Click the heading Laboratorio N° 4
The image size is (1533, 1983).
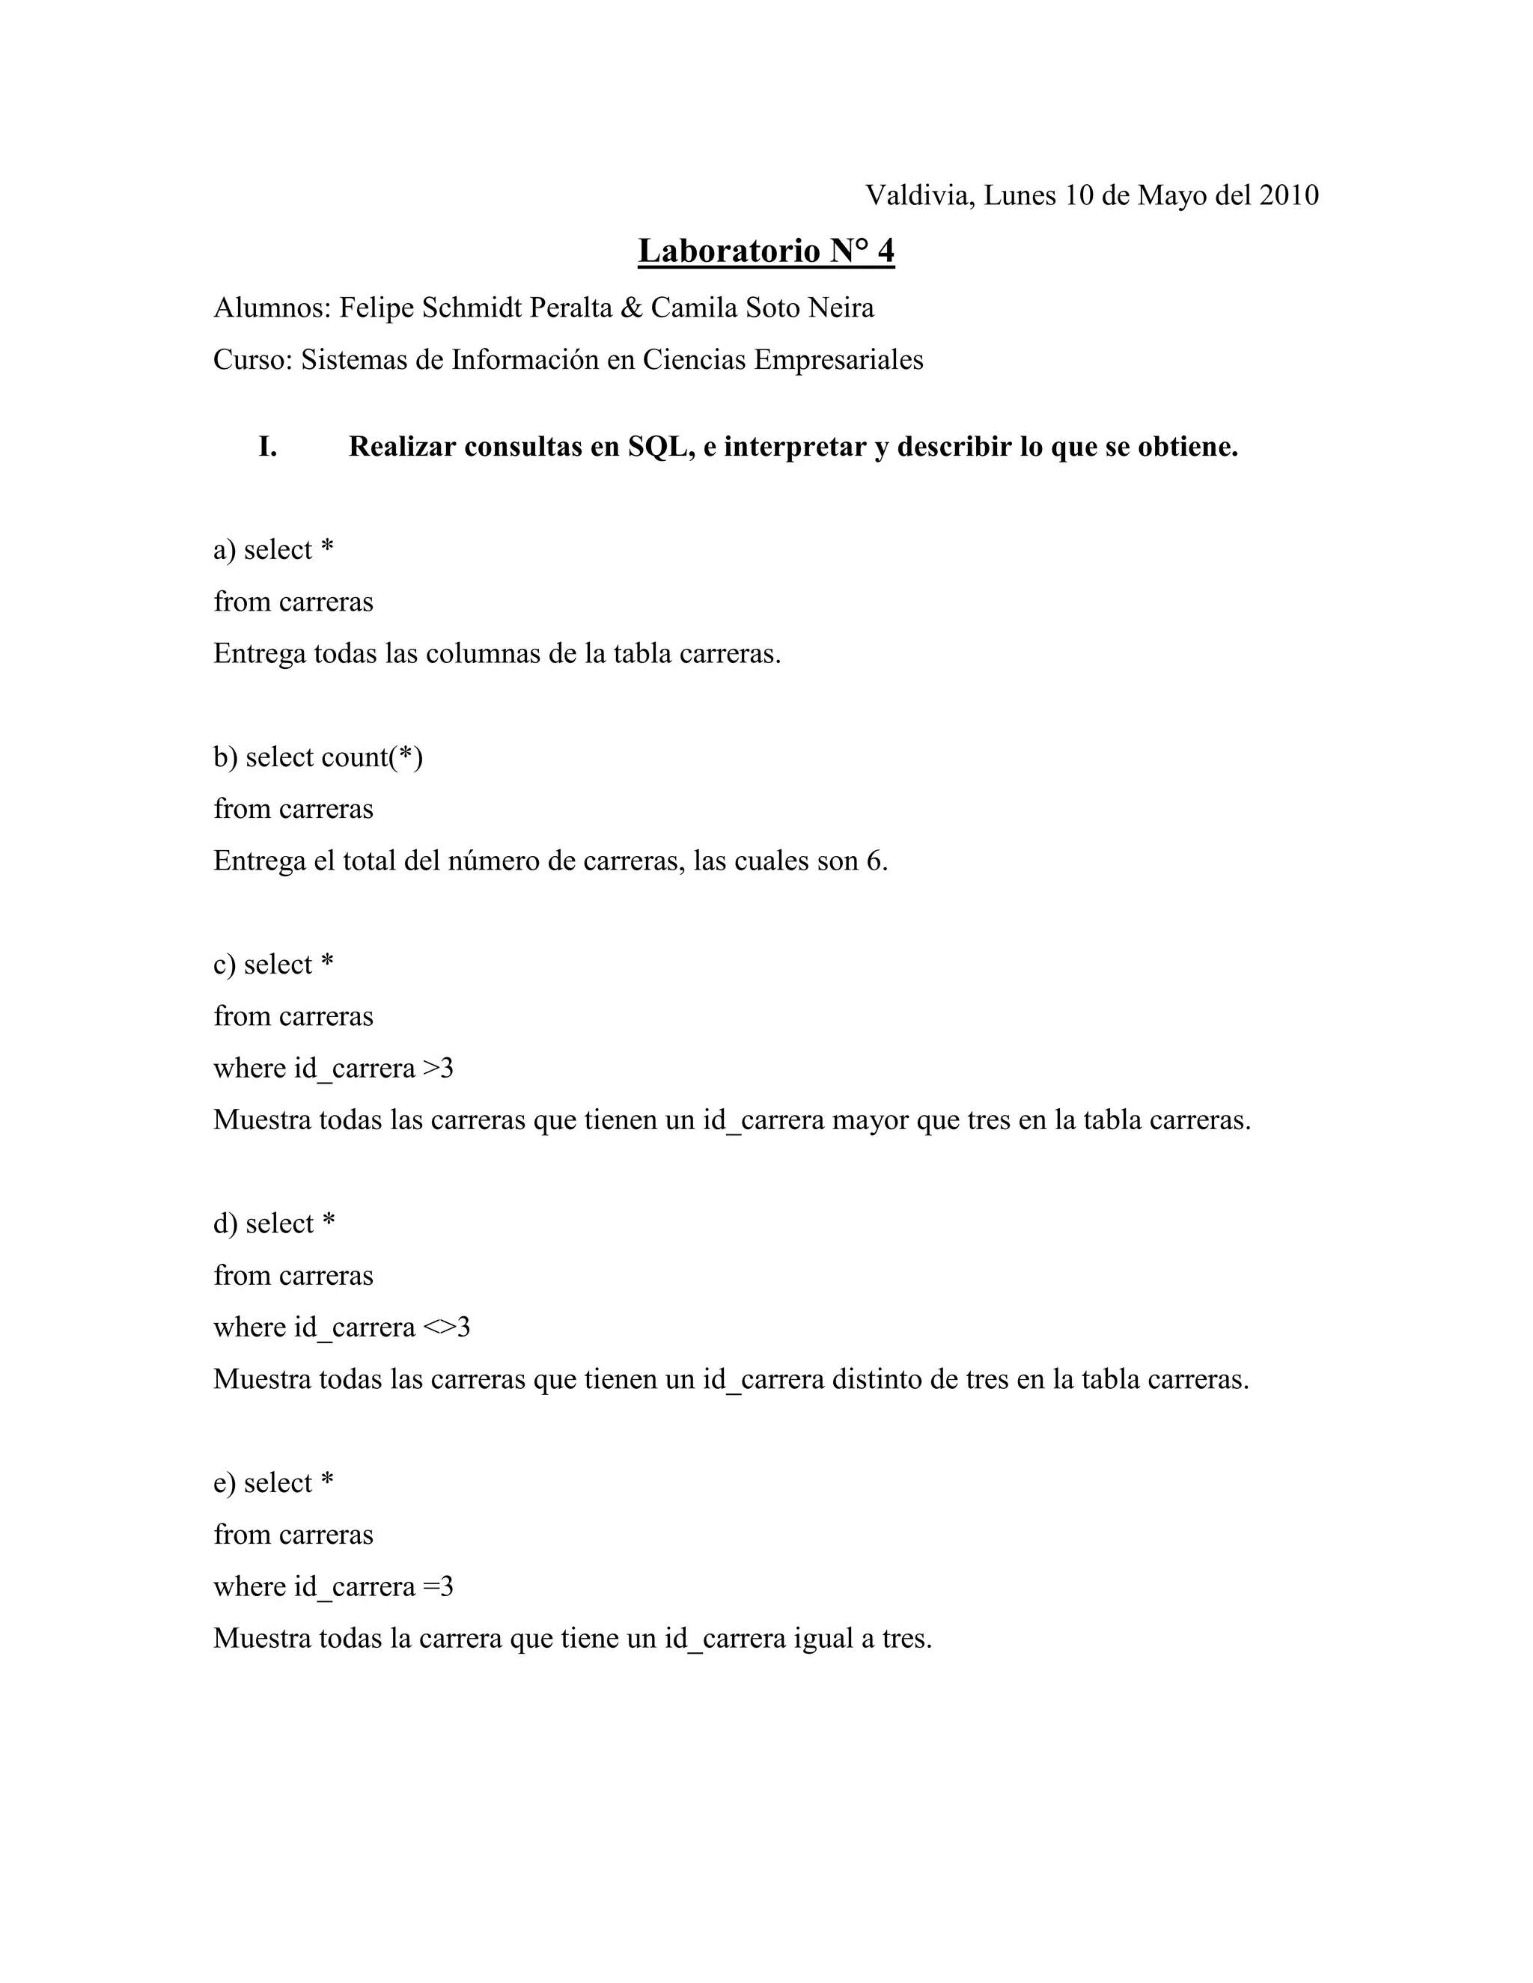click(766, 251)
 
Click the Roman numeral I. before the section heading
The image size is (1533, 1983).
click(268, 447)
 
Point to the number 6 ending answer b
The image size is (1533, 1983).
click(877, 861)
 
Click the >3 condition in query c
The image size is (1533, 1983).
click(439, 1069)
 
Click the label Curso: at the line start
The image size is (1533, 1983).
click(252, 361)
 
